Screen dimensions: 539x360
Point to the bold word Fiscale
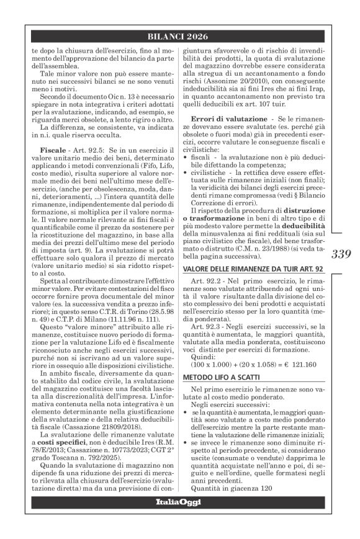[48, 151]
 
